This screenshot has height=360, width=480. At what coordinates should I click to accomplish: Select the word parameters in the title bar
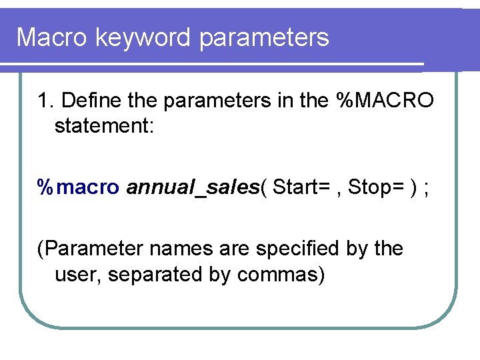(265, 37)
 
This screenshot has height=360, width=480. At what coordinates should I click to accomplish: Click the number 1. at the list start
(46, 101)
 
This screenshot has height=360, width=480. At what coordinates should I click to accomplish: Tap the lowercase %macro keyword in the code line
(78, 188)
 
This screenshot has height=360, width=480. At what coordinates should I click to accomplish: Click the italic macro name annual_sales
(192, 188)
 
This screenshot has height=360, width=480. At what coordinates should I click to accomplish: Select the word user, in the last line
(78, 274)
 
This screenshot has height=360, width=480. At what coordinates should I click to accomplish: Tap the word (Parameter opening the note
(90, 249)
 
